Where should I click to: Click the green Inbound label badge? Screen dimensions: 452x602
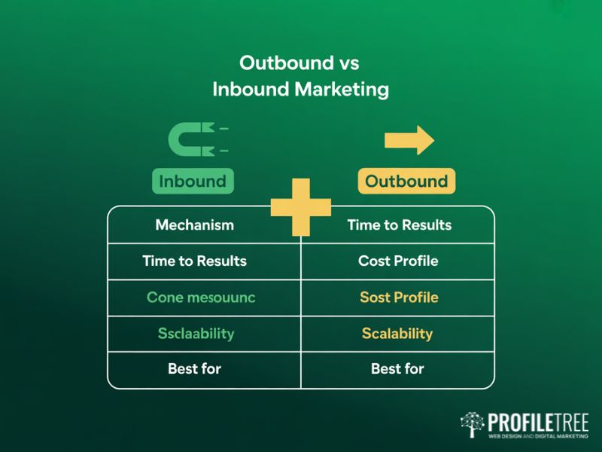[x=193, y=182]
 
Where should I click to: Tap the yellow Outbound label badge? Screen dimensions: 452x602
[x=406, y=182]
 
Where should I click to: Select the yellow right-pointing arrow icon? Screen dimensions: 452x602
[x=409, y=140]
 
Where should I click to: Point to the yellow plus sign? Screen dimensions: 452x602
[x=301, y=206]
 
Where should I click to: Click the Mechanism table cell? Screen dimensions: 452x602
[x=194, y=225]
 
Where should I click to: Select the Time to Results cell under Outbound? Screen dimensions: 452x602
[x=399, y=225]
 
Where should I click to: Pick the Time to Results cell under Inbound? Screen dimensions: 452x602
[x=194, y=261]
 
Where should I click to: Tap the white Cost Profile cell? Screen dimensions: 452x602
[x=398, y=261]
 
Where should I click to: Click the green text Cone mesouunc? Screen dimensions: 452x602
[x=201, y=298]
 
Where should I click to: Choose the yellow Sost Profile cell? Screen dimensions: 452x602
[x=399, y=298]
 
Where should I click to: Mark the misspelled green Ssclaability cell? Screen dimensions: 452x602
[x=196, y=334]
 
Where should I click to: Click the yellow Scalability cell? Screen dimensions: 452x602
[x=397, y=334]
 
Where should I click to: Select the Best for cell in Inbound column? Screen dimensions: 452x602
[x=194, y=369]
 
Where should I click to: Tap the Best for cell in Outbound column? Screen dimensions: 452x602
[x=397, y=369]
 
